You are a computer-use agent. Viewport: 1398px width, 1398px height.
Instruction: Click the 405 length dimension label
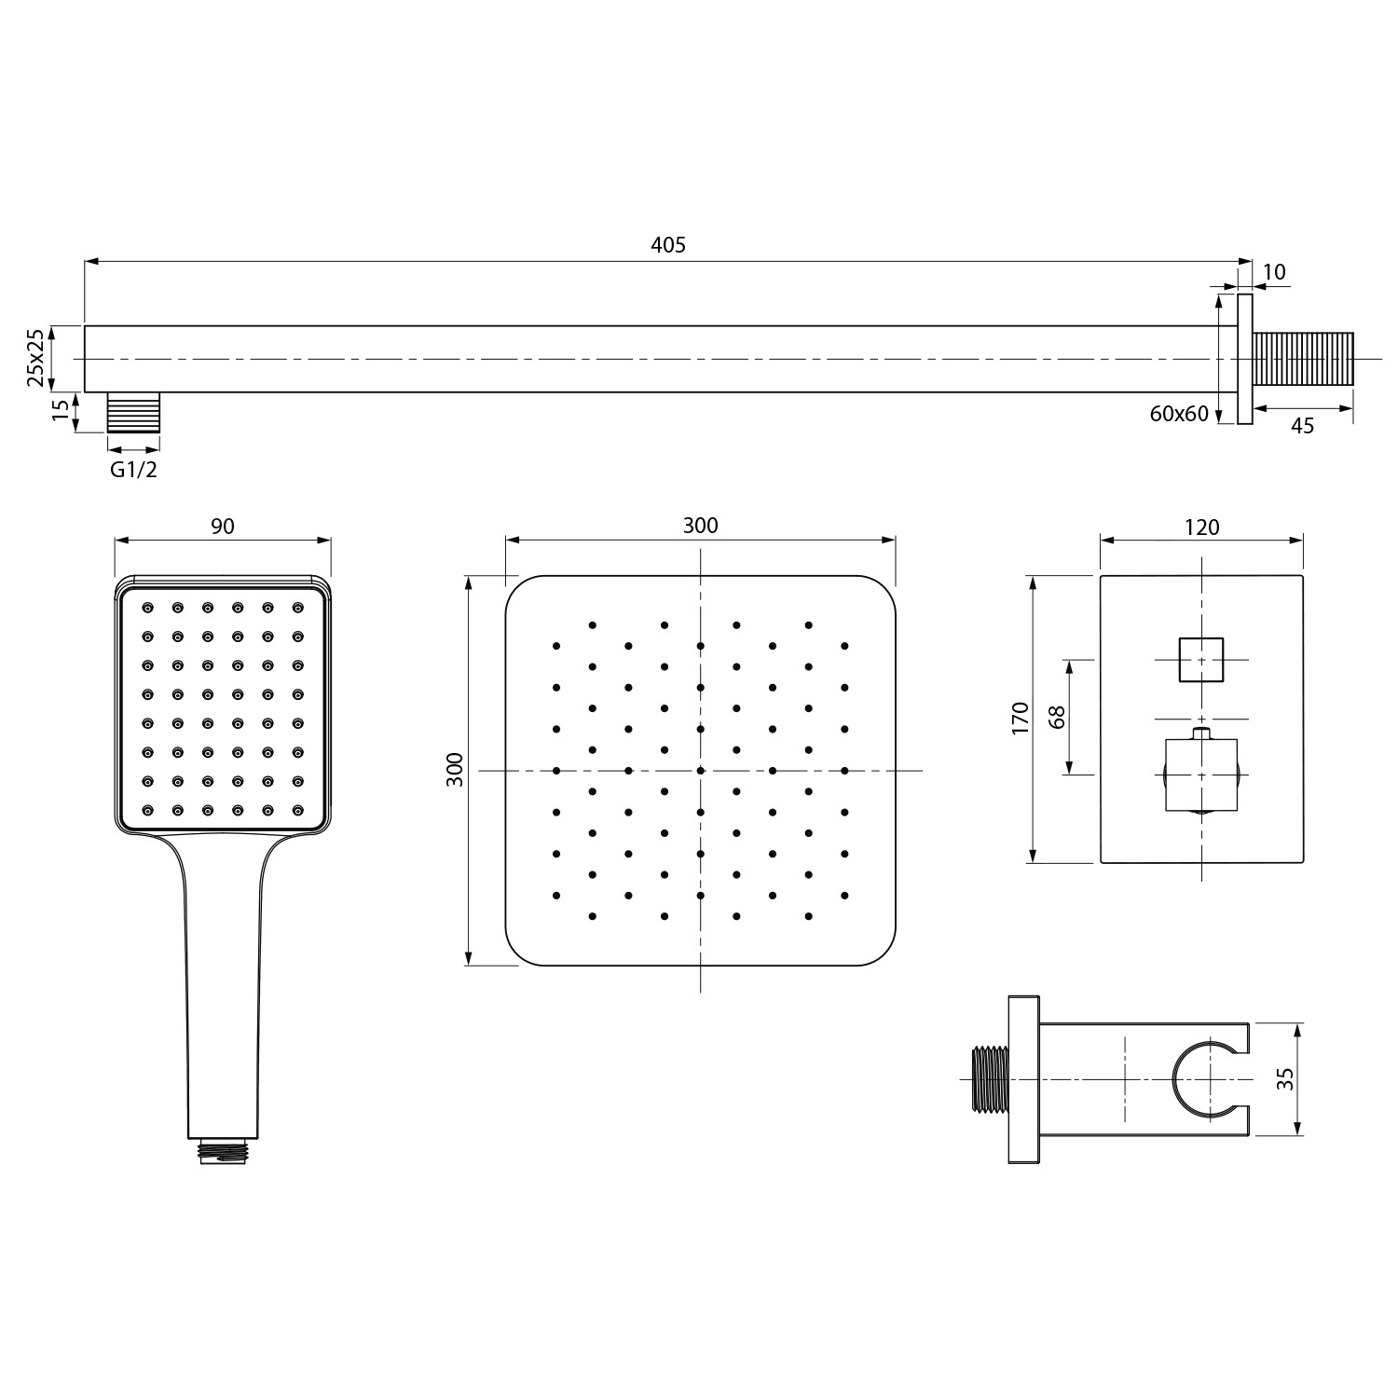click(x=667, y=245)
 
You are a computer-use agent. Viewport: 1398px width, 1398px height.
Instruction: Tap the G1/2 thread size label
click(x=134, y=470)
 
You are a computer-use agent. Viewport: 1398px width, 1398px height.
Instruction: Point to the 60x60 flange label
click(x=1179, y=414)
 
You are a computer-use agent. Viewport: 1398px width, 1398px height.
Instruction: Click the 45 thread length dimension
click(x=1302, y=426)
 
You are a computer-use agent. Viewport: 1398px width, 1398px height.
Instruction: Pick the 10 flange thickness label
click(x=1274, y=272)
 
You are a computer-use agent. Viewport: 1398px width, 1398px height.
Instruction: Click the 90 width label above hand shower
click(x=223, y=527)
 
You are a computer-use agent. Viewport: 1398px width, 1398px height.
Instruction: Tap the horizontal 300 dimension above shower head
click(x=700, y=526)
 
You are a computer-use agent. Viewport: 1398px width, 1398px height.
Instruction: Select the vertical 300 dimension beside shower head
click(x=455, y=770)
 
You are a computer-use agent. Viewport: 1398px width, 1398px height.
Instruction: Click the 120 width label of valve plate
click(x=1201, y=528)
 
